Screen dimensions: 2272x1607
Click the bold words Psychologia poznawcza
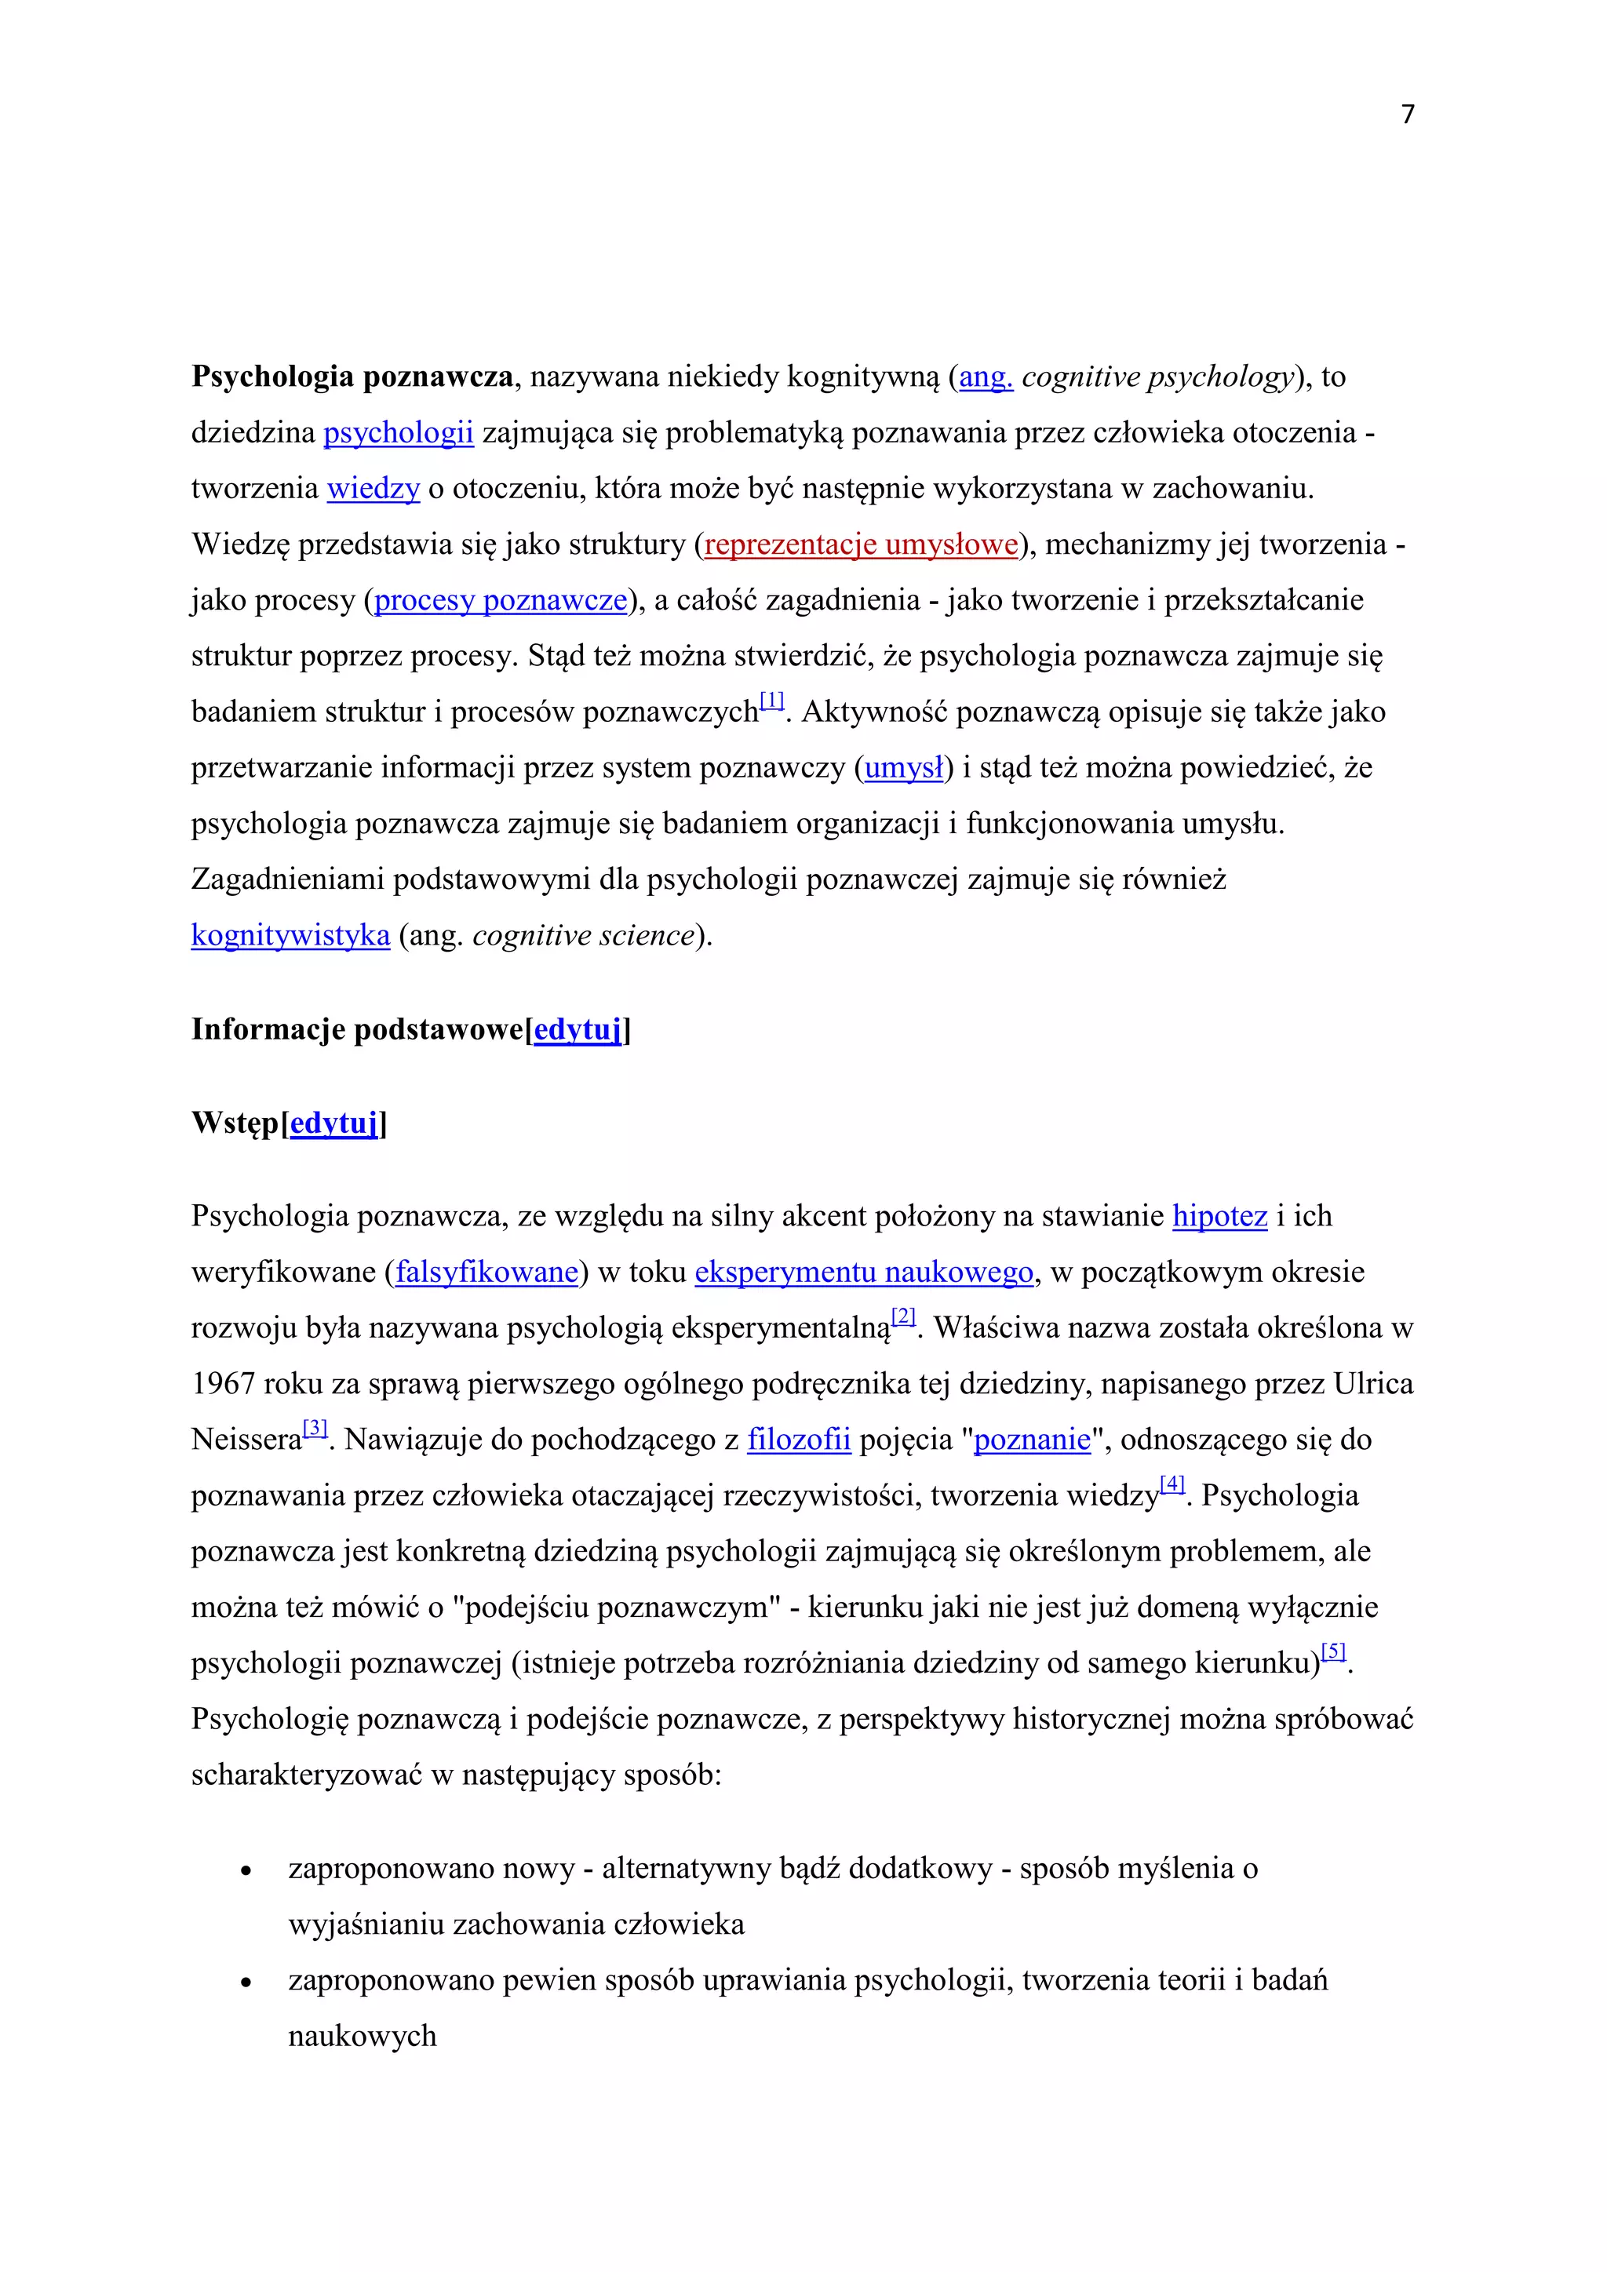coord(352,377)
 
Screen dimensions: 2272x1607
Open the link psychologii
coord(399,433)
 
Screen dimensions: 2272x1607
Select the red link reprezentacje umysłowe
coord(861,545)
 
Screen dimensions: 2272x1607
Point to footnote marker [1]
coord(772,701)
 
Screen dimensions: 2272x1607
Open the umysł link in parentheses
coord(903,769)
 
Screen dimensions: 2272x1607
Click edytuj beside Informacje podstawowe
coord(578,1030)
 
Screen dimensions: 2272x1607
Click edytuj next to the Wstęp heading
coord(334,1124)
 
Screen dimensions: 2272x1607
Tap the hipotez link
coord(1219,1216)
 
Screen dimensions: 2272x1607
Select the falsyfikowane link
coord(486,1273)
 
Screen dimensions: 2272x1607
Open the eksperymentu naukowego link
coord(864,1273)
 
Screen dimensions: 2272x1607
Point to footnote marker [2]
coord(903,1317)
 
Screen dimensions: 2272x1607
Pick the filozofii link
coord(799,1440)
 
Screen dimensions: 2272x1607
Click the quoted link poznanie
coord(1032,1440)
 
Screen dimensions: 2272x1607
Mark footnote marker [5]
coord(1334,1651)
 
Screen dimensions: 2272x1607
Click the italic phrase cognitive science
coord(583,936)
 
